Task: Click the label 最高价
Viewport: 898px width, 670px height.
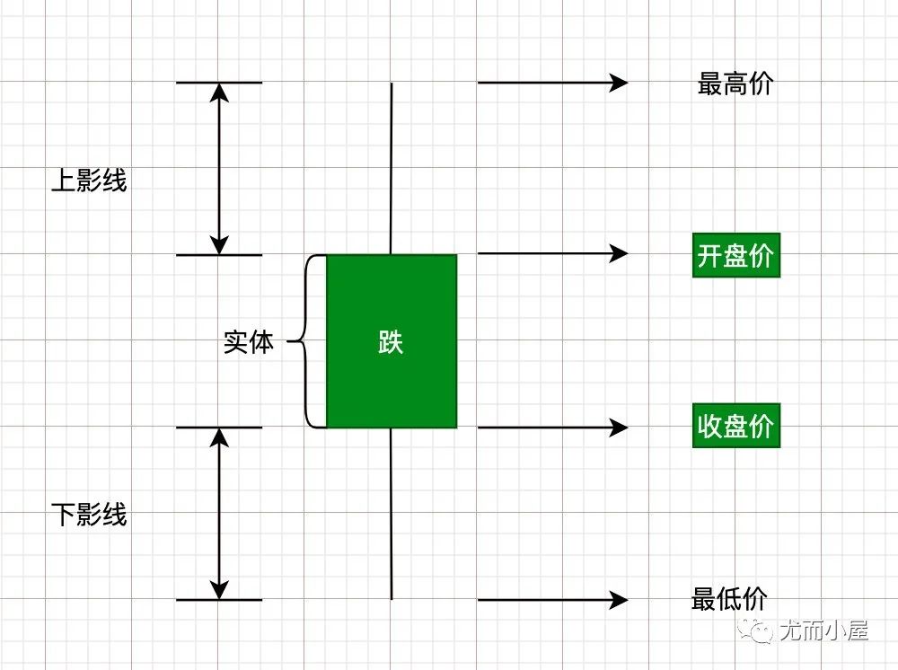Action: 735,84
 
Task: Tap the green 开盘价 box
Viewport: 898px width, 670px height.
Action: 735,256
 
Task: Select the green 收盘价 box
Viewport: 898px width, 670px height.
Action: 735,427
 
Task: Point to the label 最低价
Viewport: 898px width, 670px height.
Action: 729,599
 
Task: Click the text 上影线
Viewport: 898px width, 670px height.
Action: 89,181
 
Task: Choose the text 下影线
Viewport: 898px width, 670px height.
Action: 89,515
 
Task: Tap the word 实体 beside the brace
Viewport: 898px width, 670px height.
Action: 248,342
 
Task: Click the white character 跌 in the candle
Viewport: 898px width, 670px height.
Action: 391,342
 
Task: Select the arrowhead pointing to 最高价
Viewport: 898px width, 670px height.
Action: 619,83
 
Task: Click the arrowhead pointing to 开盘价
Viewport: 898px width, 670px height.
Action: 619,253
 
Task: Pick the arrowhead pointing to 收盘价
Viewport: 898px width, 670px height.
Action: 619,428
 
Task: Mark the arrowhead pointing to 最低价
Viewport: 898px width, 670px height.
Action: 619,599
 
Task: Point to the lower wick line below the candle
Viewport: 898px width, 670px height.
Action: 392,513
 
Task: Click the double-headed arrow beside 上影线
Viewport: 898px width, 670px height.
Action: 218,169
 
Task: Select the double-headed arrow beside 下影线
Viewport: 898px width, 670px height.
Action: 218,513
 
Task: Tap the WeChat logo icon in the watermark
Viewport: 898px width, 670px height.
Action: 757,630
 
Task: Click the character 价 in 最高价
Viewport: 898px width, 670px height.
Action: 760,84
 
